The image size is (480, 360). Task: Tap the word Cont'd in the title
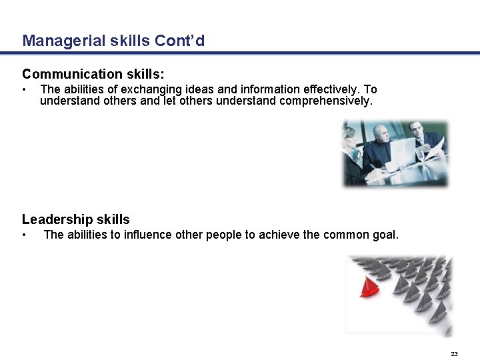coord(180,41)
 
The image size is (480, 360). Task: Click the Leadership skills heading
coord(76,219)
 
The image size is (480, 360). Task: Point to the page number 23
coord(454,353)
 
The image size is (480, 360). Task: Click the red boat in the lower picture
coord(368,287)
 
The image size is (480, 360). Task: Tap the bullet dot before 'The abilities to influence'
coord(24,235)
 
